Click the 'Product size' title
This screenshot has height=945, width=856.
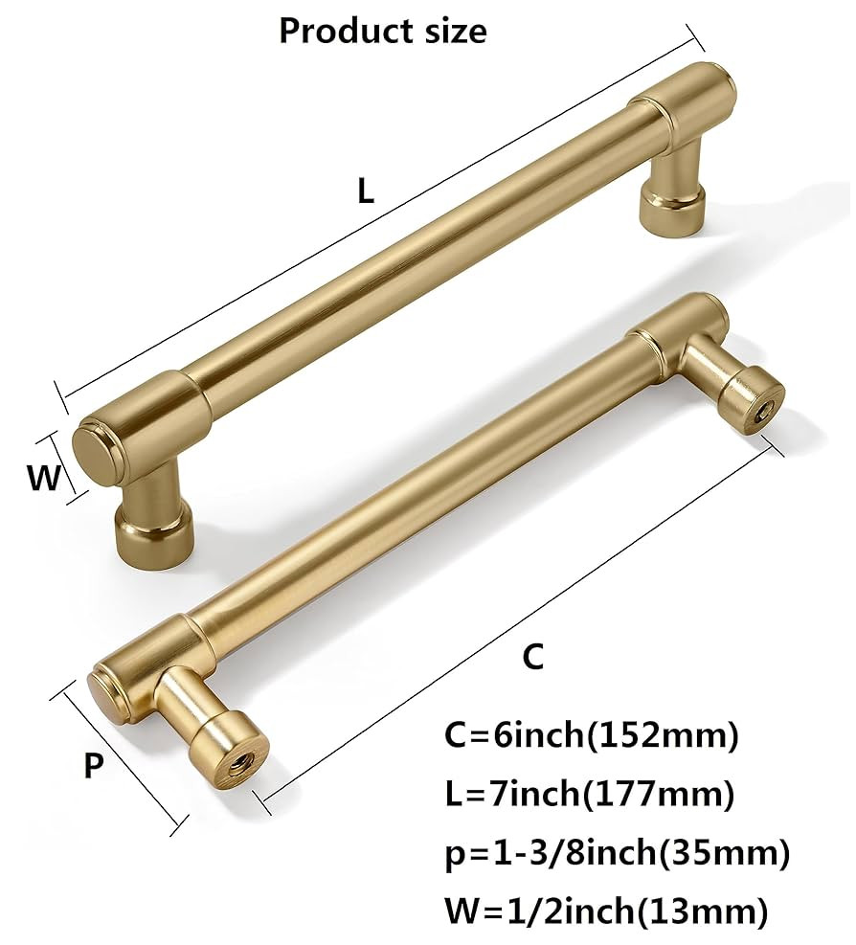click(382, 31)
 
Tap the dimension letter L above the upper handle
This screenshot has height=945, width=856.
click(366, 191)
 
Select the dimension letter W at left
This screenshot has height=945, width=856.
click(43, 477)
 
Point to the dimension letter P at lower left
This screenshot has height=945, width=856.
click(93, 766)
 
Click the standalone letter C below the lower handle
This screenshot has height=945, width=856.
click(532, 658)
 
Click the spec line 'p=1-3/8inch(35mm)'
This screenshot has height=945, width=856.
click(618, 853)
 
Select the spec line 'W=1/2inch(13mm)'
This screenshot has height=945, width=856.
click(606, 912)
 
